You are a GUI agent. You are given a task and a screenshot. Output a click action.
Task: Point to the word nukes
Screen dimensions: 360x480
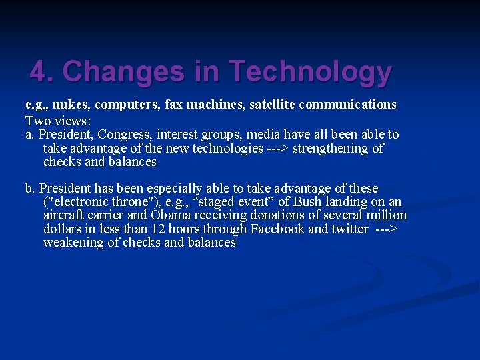coord(69,105)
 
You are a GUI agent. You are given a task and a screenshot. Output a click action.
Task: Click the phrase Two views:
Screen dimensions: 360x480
coord(58,121)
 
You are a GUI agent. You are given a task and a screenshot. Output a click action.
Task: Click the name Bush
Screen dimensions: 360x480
coord(307,202)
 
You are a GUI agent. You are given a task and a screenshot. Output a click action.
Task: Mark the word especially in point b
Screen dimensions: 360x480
coord(192,189)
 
